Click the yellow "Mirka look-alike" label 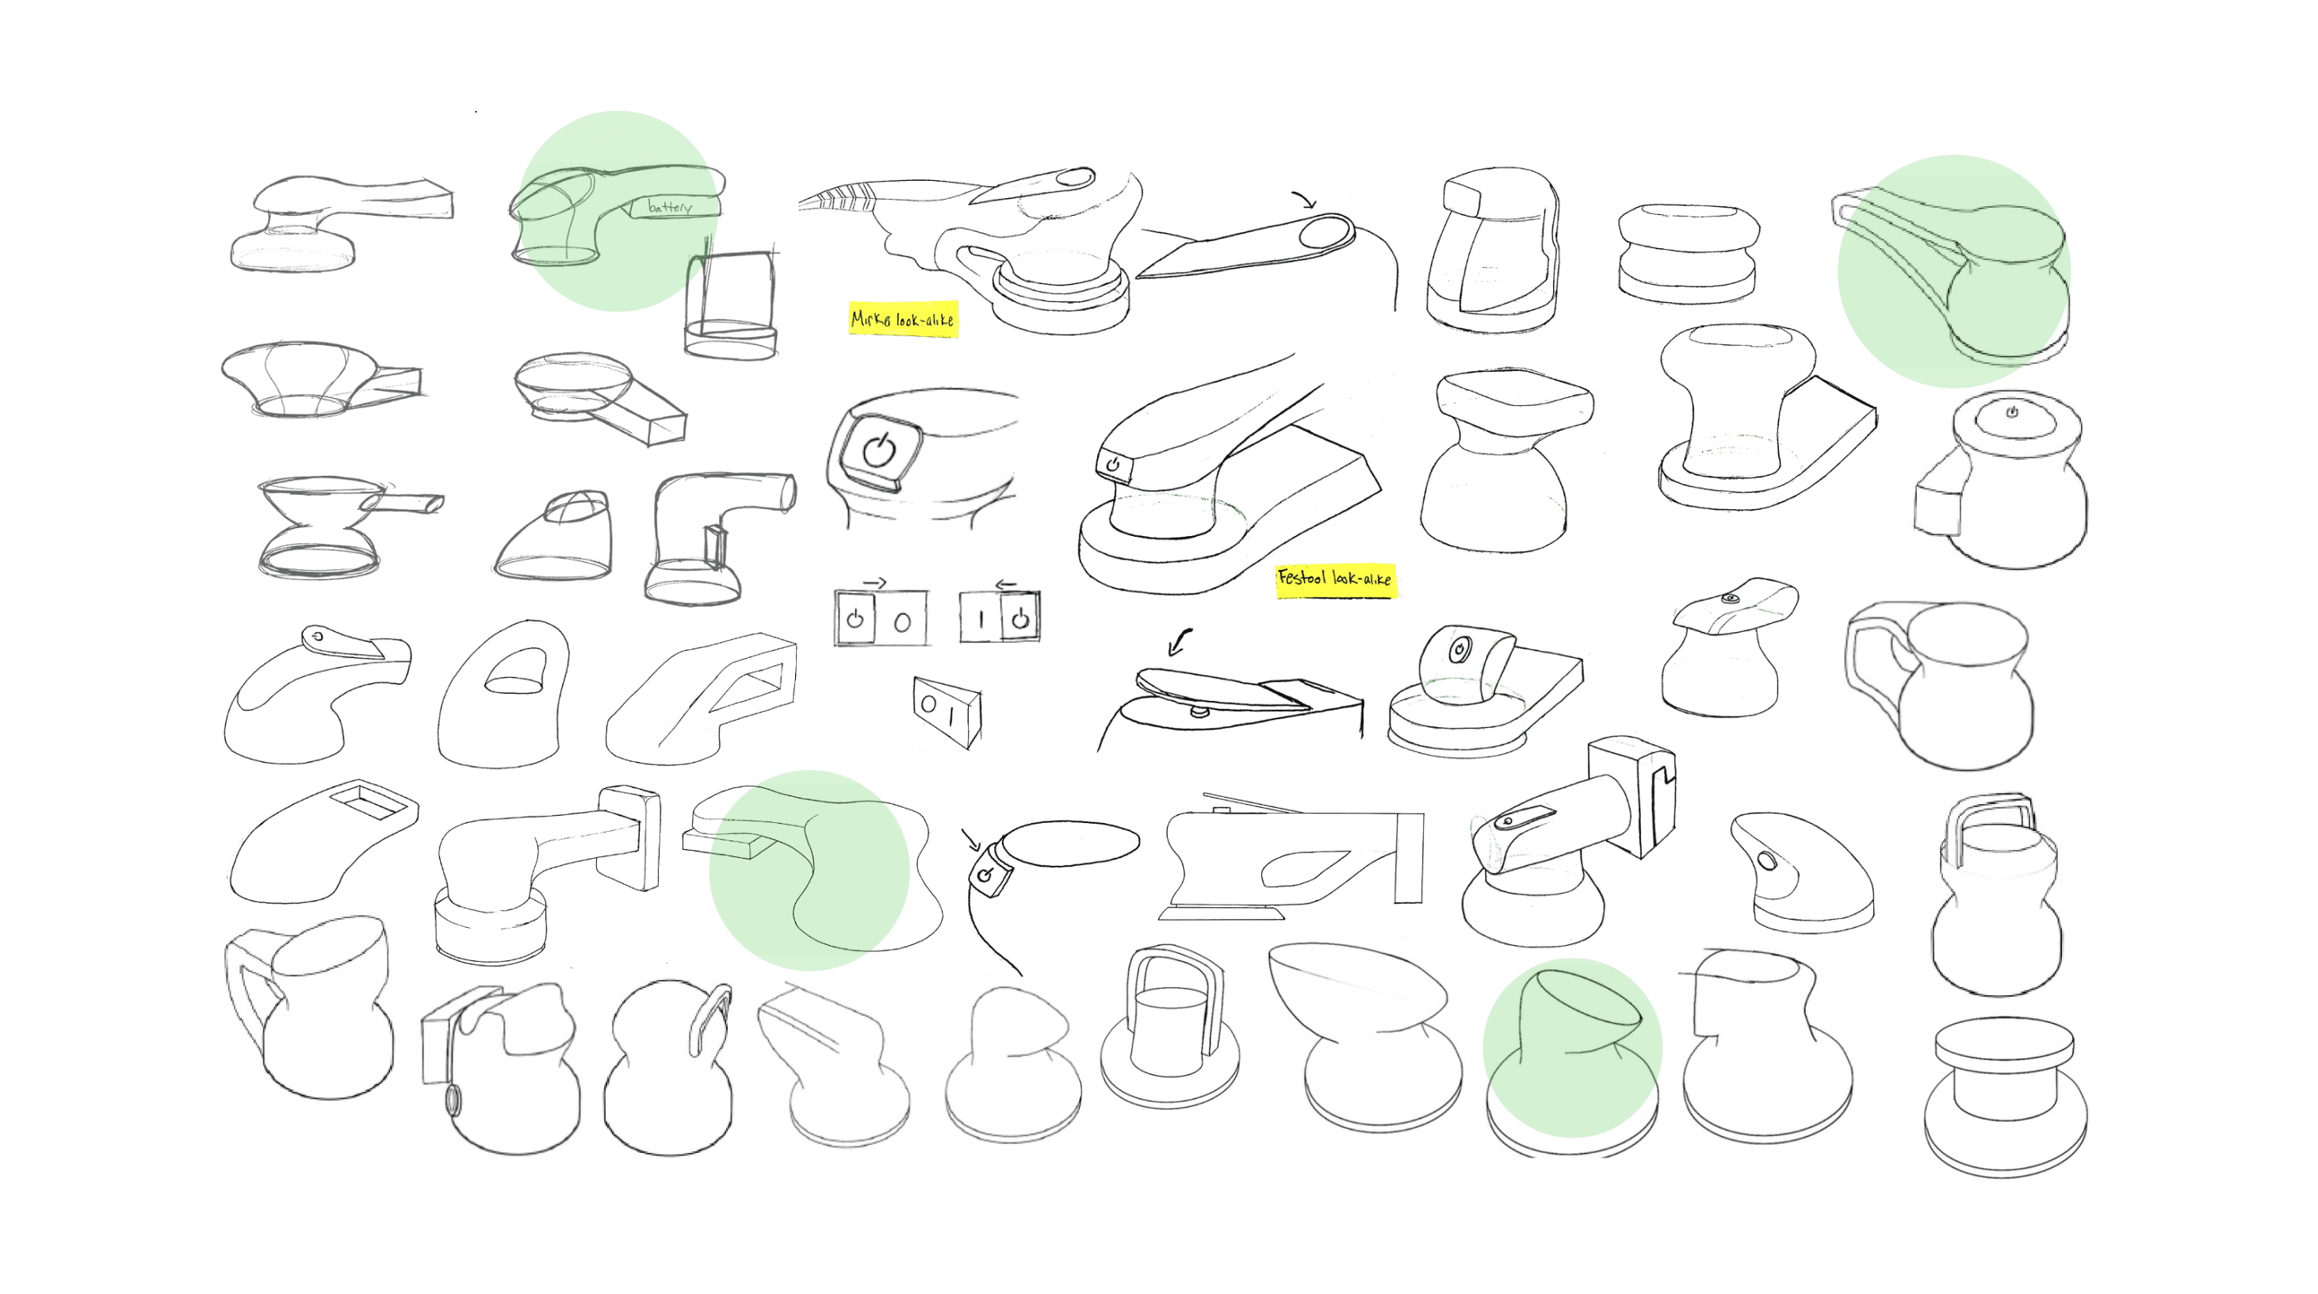(x=902, y=319)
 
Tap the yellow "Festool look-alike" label (x=1334, y=578)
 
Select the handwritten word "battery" (x=670, y=207)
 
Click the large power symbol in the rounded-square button (x=879, y=449)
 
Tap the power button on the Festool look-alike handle (x=1113, y=465)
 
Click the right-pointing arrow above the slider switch (x=874, y=583)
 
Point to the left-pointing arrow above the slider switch (x=1005, y=584)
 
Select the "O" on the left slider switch (x=902, y=622)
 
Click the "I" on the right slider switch (x=981, y=619)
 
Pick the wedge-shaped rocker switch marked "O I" (x=947, y=711)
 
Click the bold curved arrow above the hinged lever (x=1179, y=641)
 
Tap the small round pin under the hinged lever (x=1199, y=711)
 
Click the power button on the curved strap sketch (x=986, y=874)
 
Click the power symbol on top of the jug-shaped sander (x=2012, y=412)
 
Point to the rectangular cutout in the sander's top (x=368, y=801)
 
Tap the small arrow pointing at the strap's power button (x=970, y=840)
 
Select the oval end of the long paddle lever (x=1325, y=233)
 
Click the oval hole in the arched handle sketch (x=515, y=672)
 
